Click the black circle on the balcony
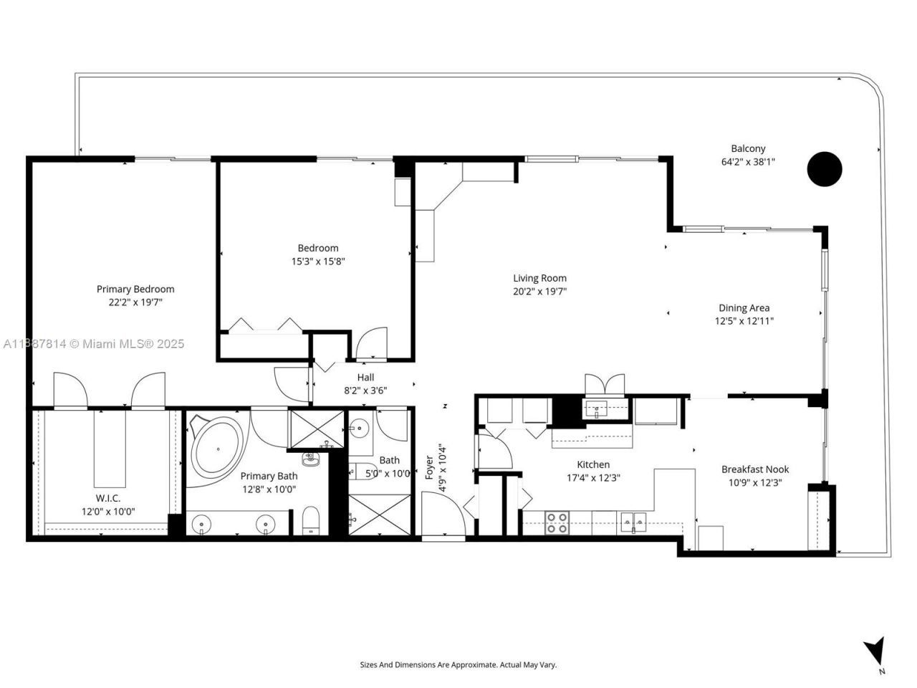825,169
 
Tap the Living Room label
539,278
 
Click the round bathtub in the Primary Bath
216,449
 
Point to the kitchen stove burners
557,522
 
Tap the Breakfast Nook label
755,469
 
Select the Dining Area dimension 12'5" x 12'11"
744,321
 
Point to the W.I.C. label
107,498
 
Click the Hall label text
365,378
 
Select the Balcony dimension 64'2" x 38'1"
748,162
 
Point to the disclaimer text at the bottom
458,665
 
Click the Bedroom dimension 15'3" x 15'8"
318,262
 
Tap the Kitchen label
593,464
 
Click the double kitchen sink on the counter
633,521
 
